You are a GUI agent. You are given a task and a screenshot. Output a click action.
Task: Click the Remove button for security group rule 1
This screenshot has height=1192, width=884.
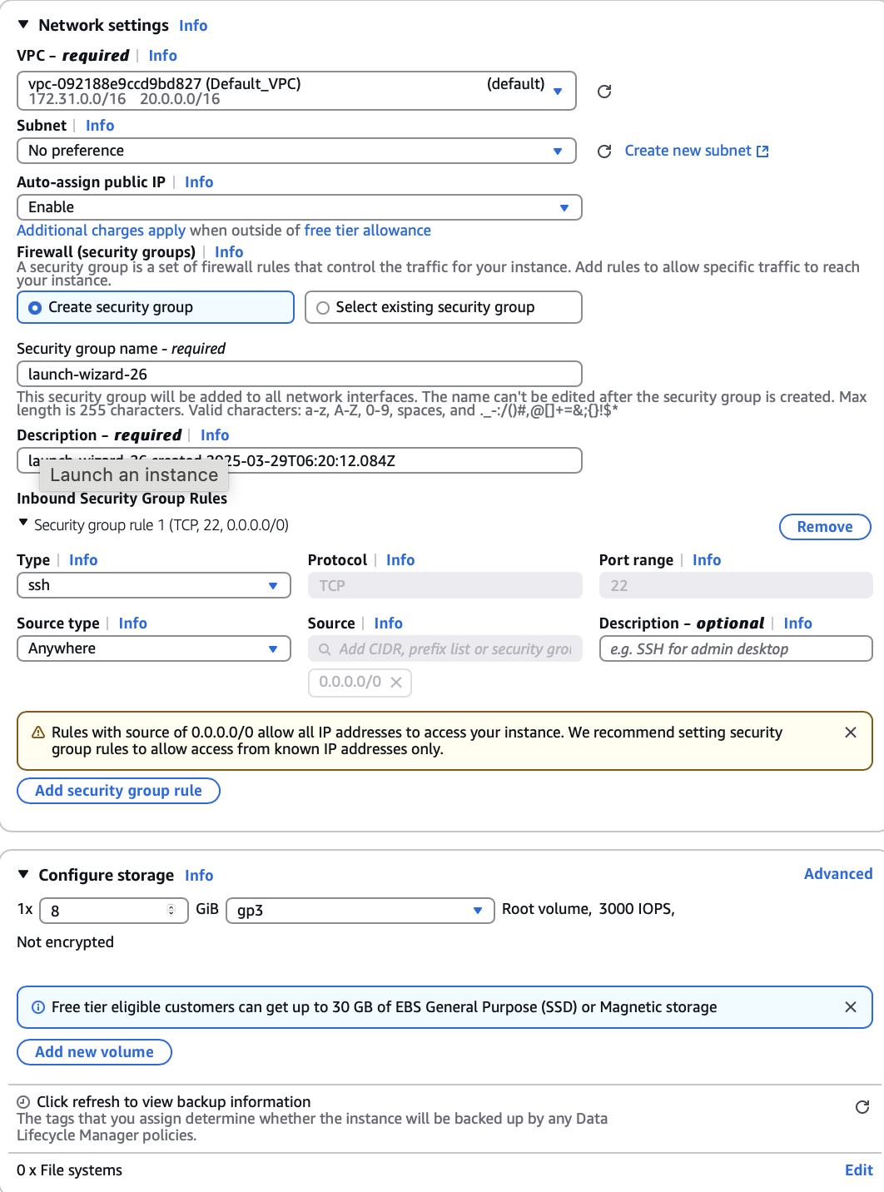(x=824, y=527)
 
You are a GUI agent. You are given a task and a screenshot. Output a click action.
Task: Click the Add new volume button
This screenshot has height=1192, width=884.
(x=94, y=1052)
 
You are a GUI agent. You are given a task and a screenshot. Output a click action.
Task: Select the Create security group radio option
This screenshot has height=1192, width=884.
(x=36, y=308)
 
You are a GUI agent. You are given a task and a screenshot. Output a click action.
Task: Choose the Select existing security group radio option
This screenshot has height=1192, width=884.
(x=323, y=308)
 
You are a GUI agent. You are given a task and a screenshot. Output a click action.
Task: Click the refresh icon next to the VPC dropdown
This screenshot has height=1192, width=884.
(x=604, y=92)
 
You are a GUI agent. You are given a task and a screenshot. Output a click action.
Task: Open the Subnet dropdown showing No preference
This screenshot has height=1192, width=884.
(x=295, y=151)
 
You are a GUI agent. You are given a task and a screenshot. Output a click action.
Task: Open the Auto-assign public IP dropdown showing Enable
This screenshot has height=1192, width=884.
(x=299, y=207)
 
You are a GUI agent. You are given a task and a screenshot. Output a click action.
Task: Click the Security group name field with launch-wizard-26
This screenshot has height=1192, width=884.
(x=299, y=374)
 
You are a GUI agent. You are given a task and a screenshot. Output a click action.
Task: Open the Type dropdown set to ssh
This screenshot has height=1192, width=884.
(x=153, y=585)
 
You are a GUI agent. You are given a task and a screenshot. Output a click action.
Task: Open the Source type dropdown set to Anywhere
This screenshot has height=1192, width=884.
(x=153, y=648)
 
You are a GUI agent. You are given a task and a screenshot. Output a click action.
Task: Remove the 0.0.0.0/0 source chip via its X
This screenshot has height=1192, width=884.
(x=396, y=683)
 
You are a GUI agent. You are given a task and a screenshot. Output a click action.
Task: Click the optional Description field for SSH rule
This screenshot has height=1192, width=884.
(x=735, y=648)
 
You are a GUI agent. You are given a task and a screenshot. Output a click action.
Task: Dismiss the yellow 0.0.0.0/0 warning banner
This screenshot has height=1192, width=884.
(x=850, y=733)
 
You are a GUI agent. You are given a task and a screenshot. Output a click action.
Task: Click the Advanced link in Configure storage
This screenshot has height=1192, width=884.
(x=837, y=874)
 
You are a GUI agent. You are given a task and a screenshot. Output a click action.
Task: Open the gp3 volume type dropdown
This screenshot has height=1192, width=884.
(x=360, y=911)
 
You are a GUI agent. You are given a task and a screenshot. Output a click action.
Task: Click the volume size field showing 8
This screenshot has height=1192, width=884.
(x=108, y=911)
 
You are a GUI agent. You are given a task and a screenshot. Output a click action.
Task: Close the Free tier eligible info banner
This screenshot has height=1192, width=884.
(x=850, y=1007)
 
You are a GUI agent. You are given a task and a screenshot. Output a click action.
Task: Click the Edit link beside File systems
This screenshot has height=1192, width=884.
(x=858, y=1170)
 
